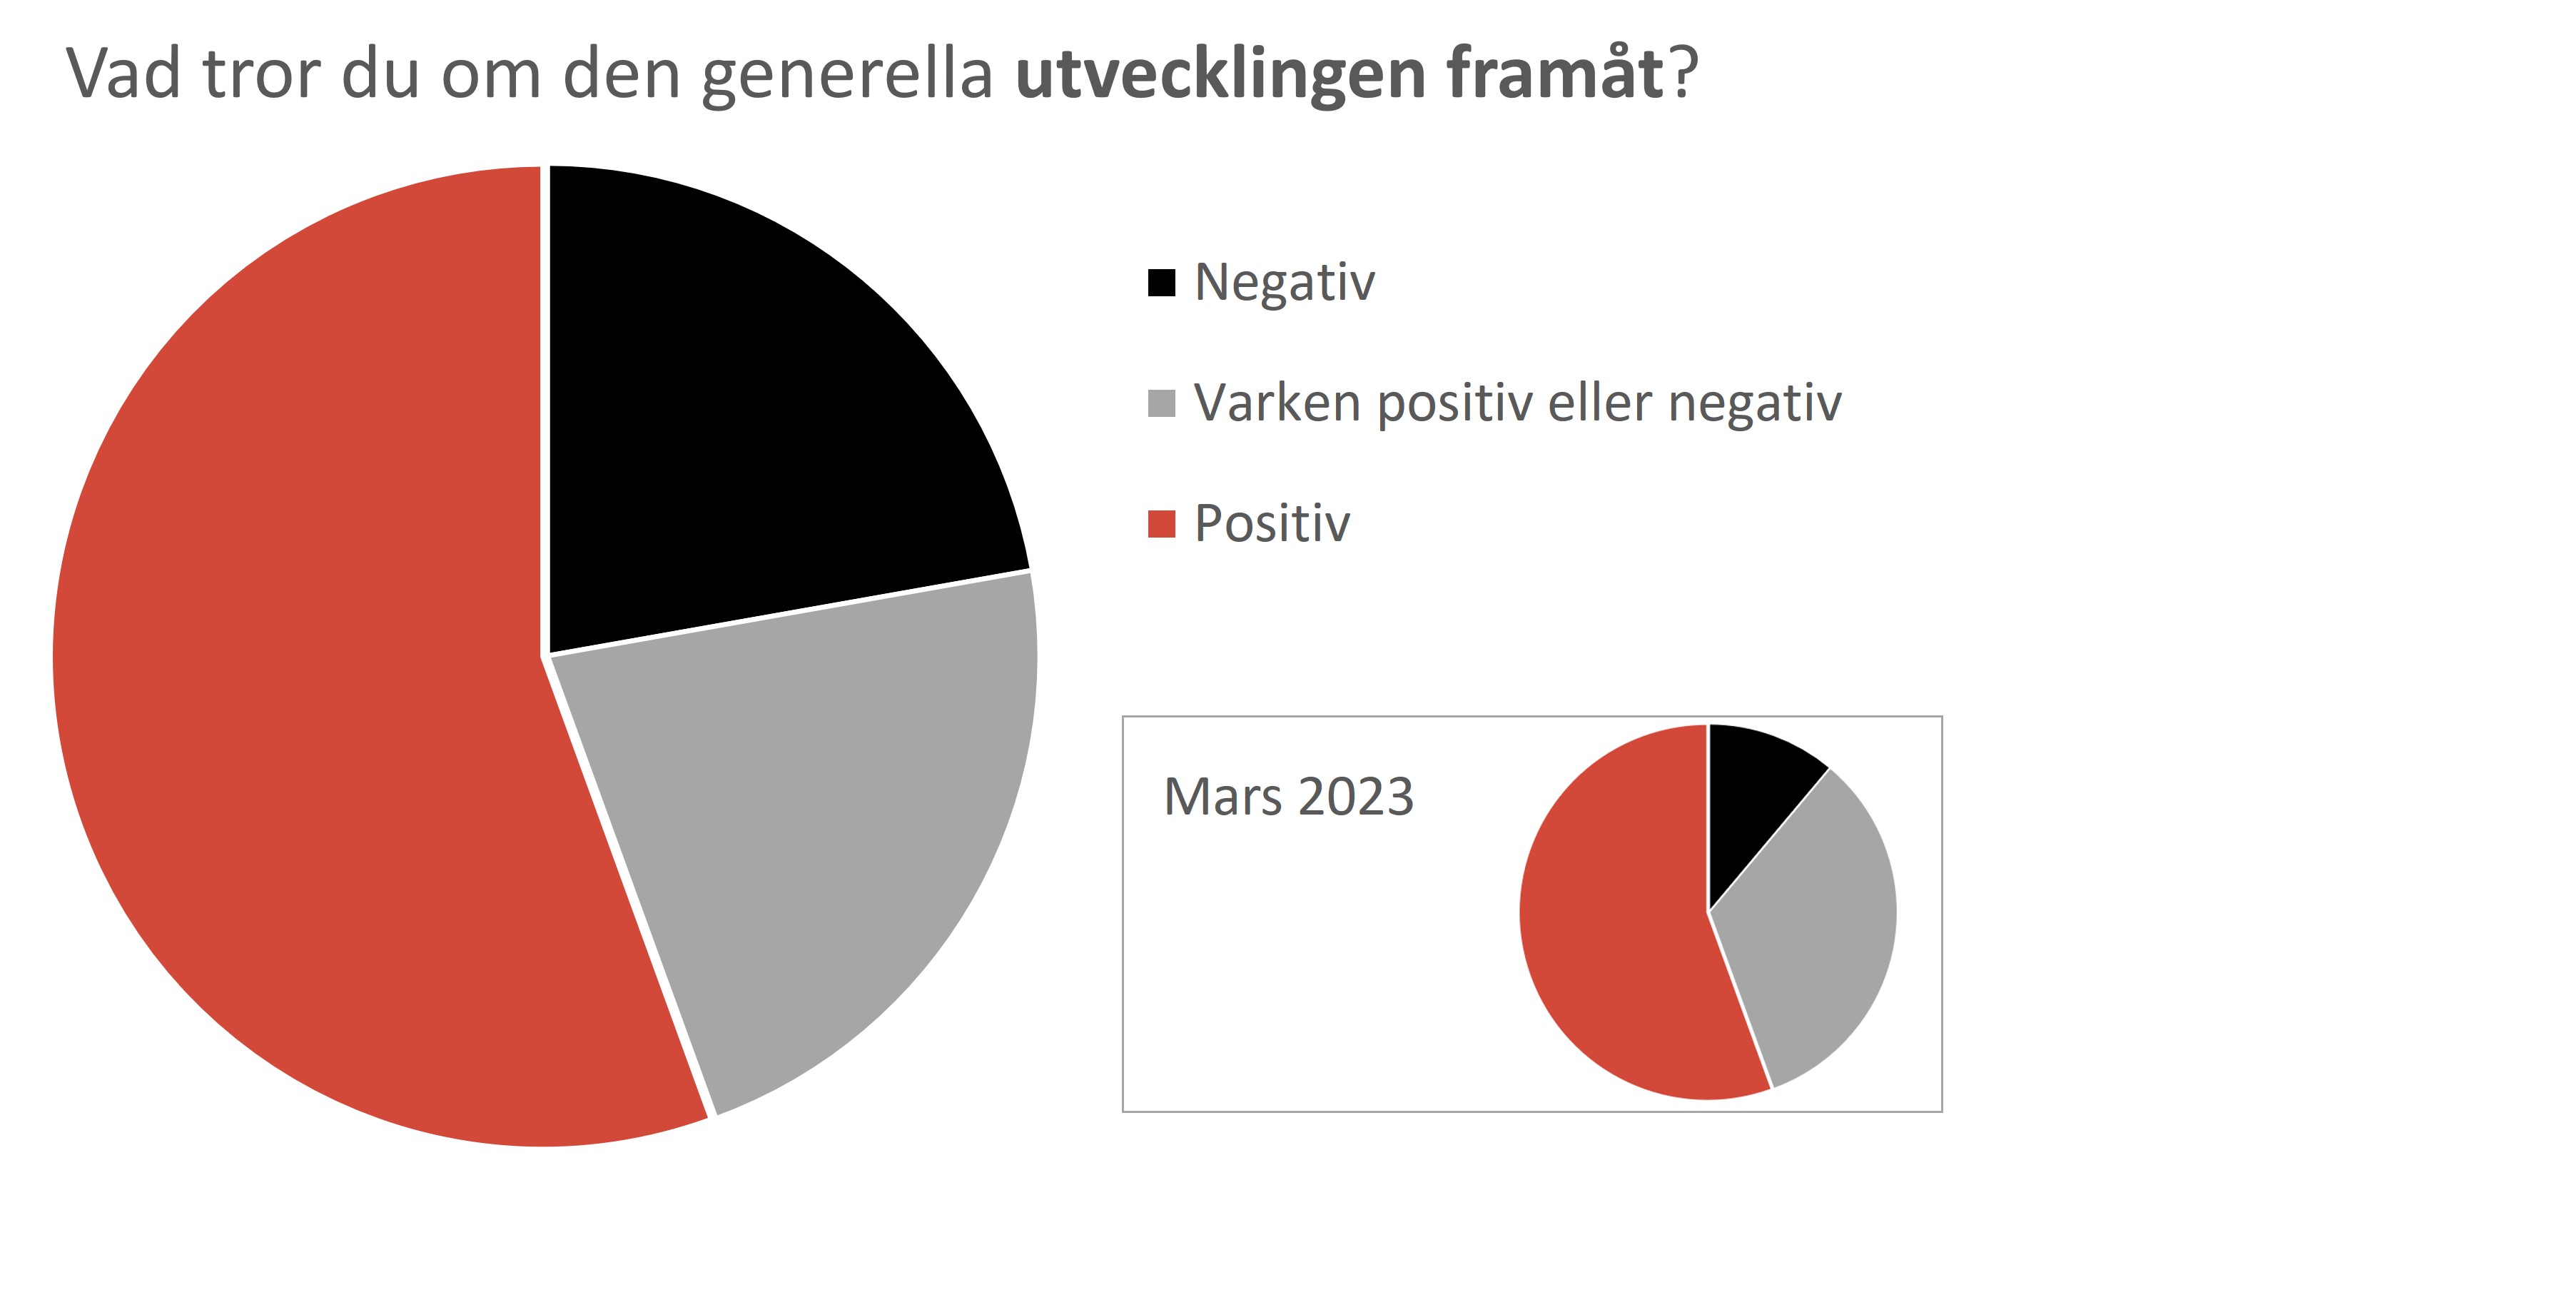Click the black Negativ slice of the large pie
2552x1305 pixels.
click(753, 416)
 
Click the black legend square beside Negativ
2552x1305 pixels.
click(1161, 283)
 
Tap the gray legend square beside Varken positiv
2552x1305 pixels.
click(1161, 403)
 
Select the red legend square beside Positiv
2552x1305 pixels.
click(1161, 524)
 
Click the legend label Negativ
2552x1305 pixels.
click(1285, 283)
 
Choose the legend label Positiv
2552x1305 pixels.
click(1272, 523)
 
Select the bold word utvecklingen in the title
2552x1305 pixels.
click(1220, 74)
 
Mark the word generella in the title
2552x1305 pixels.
click(847, 74)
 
